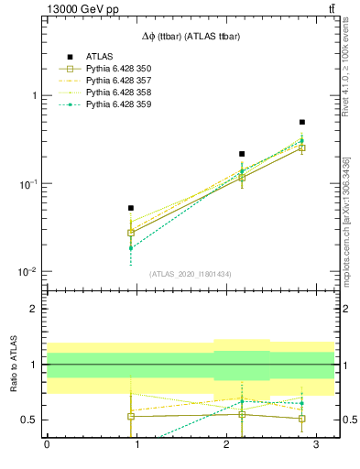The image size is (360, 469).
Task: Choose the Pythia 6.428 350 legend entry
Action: click(x=110, y=69)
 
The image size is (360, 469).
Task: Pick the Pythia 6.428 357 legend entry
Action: click(x=110, y=81)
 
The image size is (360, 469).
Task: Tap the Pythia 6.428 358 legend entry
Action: click(x=110, y=93)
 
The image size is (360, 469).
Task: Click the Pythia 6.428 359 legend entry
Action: click(x=110, y=104)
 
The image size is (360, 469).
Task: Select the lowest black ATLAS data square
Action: click(x=131, y=208)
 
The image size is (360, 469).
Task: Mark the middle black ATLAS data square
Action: click(x=242, y=154)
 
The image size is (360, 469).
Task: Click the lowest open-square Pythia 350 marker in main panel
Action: click(x=131, y=233)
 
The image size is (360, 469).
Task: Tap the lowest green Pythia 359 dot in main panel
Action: click(x=131, y=248)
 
